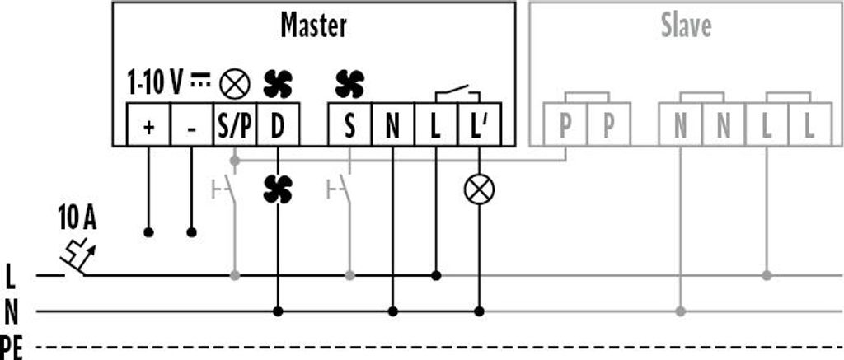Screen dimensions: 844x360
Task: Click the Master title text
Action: [x=313, y=26]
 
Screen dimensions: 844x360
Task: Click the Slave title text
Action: [x=686, y=26]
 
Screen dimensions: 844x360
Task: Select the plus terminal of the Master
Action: [x=148, y=124]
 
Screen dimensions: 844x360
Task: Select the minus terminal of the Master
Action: [x=191, y=124]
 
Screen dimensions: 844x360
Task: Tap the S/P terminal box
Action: [x=235, y=124]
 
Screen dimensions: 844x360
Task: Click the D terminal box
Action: [x=278, y=124]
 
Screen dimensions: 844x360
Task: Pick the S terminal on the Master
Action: [x=349, y=124]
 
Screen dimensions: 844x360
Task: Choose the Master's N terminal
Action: [x=393, y=124]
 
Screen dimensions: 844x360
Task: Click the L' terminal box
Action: [x=480, y=124]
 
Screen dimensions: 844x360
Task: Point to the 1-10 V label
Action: [x=154, y=83]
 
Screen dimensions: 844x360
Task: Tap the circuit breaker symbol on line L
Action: [x=77, y=257]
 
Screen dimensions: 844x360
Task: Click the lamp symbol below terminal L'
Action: [x=479, y=189]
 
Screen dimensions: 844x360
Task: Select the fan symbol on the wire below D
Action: [x=278, y=189]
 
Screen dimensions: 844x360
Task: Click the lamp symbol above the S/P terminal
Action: [x=235, y=85]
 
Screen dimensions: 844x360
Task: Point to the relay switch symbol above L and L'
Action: [x=457, y=93]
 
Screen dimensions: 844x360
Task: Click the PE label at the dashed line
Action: [x=12, y=348]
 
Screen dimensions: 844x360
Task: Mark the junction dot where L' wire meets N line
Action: [x=479, y=311]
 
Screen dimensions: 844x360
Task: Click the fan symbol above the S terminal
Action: [x=349, y=85]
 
